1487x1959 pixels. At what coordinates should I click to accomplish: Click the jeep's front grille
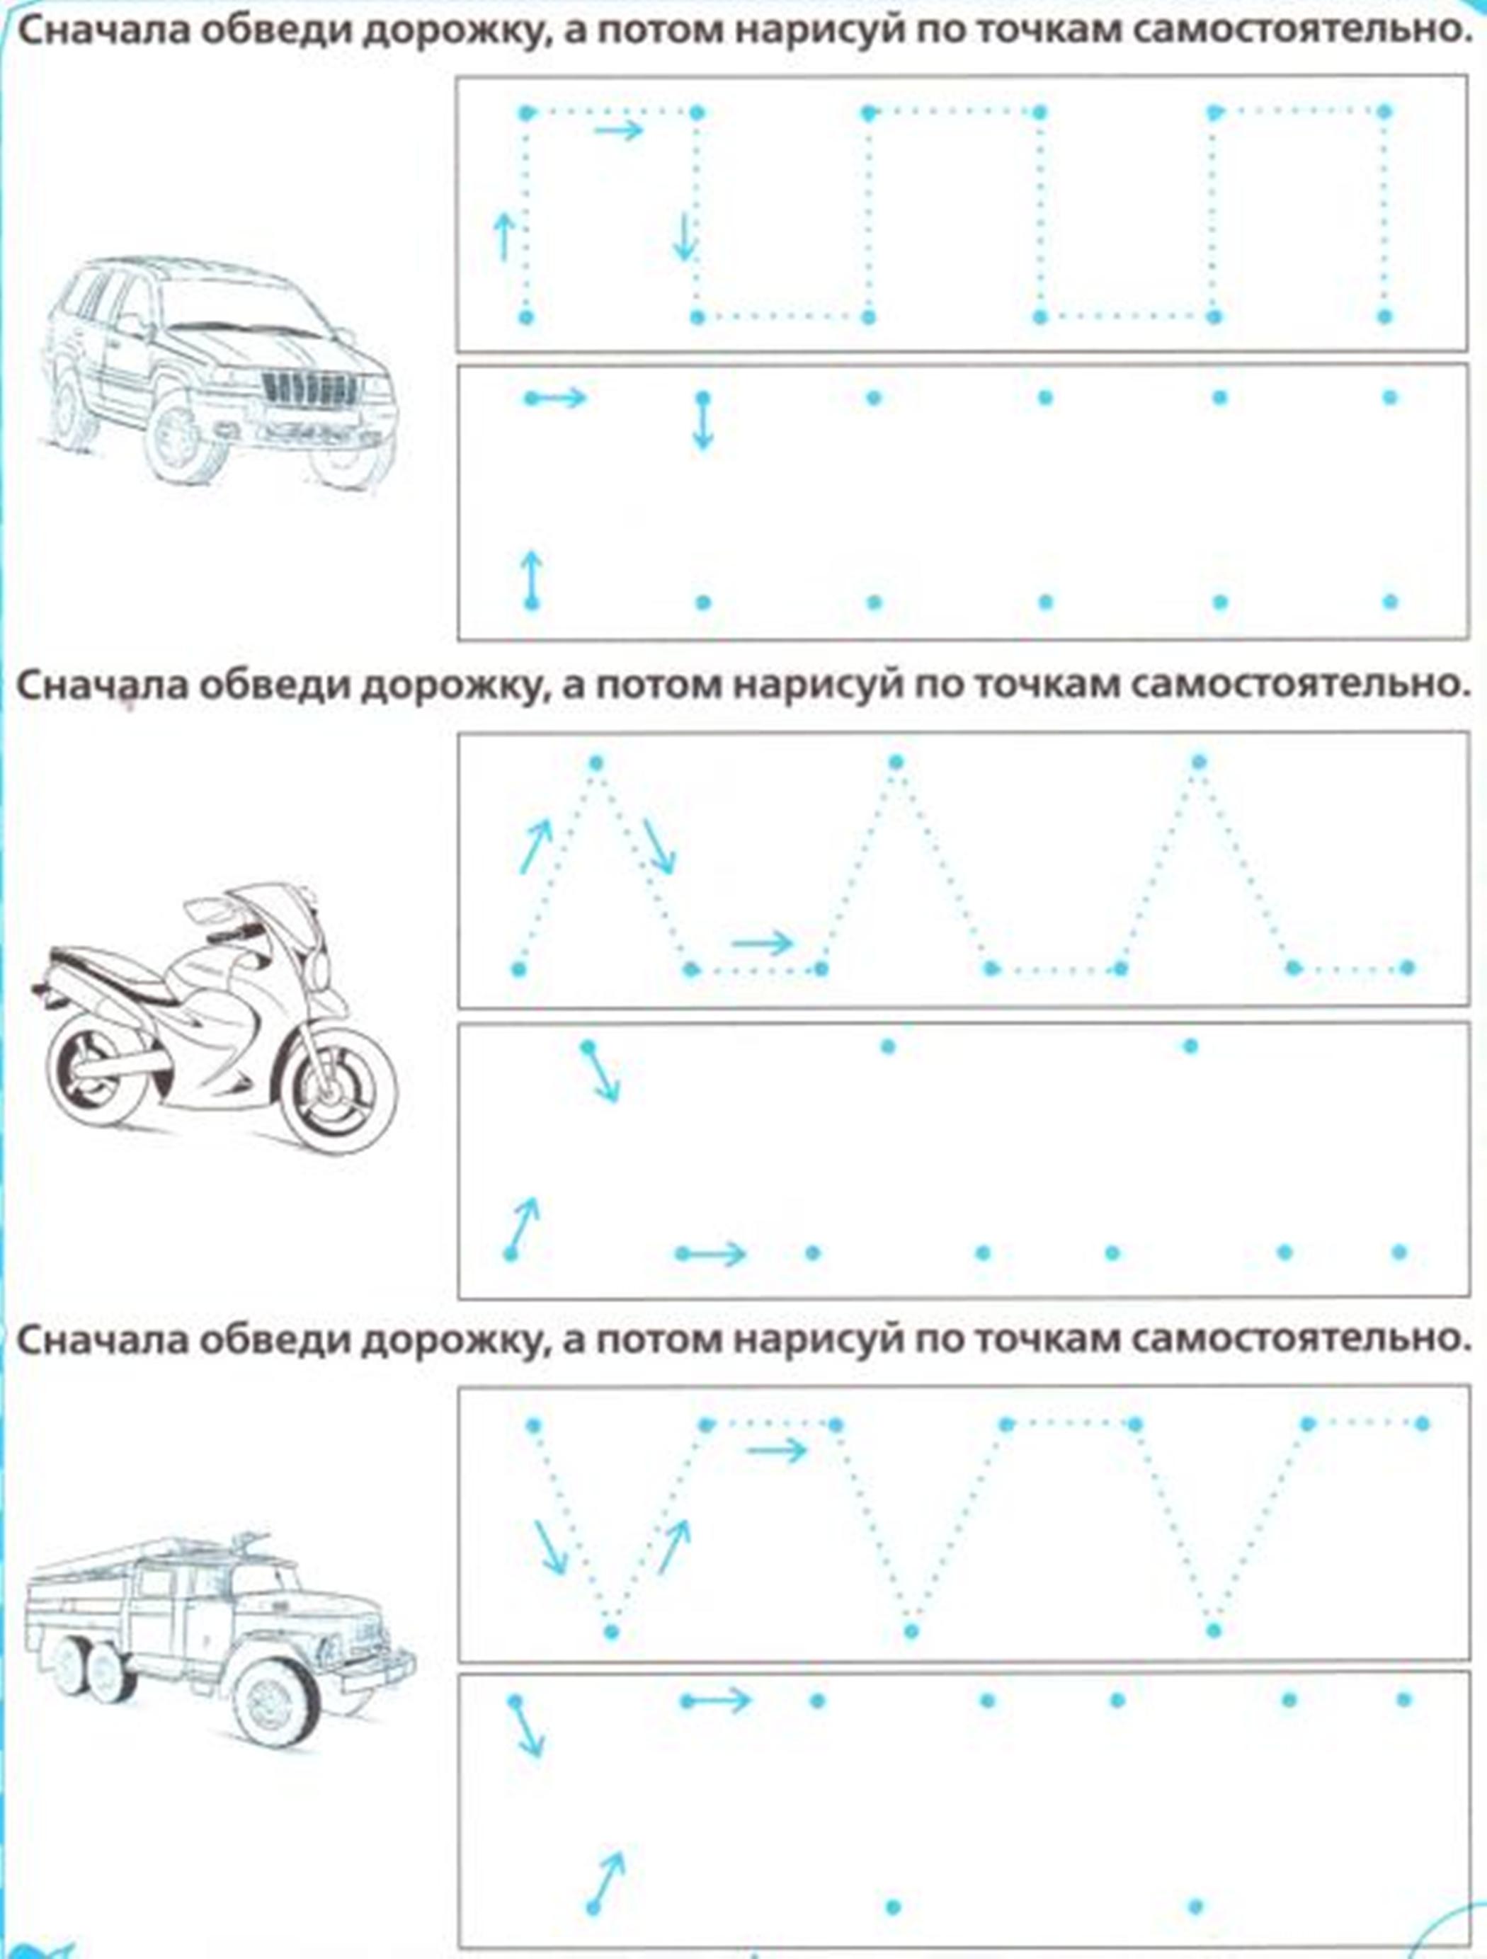[310, 387]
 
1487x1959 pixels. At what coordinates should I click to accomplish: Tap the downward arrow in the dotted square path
[685, 236]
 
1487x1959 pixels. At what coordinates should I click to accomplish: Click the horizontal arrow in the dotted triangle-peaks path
[763, 943]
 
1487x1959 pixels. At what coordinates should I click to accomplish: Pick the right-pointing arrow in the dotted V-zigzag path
[777, 1450]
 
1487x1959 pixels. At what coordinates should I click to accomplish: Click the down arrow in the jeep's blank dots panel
[703, 421]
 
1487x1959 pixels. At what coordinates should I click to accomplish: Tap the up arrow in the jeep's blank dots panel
[531, 579]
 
